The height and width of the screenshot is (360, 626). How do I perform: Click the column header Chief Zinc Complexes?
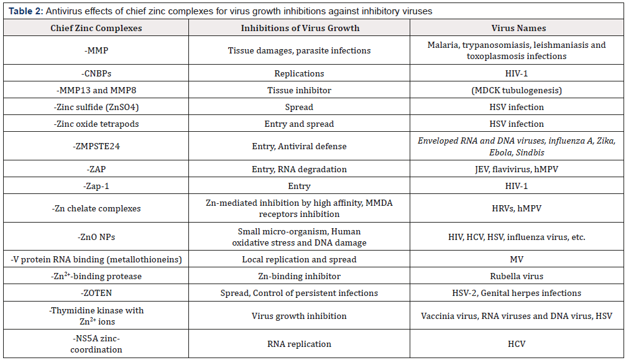[96, 28]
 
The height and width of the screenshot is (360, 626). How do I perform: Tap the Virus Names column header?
[516, 28]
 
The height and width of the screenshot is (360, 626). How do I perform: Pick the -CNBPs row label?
[96, 73]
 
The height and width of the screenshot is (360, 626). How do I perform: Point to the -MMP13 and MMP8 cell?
[96, 90]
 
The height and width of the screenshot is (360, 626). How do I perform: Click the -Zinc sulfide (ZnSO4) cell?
[96, 107]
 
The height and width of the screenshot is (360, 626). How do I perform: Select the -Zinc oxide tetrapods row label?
[96, 124]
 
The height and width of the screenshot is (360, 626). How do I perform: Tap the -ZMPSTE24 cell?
[96, 146]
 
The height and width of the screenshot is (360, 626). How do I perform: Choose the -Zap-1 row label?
[96, 186]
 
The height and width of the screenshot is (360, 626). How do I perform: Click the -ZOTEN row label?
[96, 293]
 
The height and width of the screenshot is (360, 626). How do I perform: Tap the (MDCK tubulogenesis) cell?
[516, 90]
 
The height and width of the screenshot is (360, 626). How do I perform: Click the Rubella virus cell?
[516, 276]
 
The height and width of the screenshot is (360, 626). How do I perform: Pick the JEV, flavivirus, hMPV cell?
[516, 169]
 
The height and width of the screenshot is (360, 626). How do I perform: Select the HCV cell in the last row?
[516, 344]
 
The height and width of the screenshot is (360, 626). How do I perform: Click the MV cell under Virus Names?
[516, 259]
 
